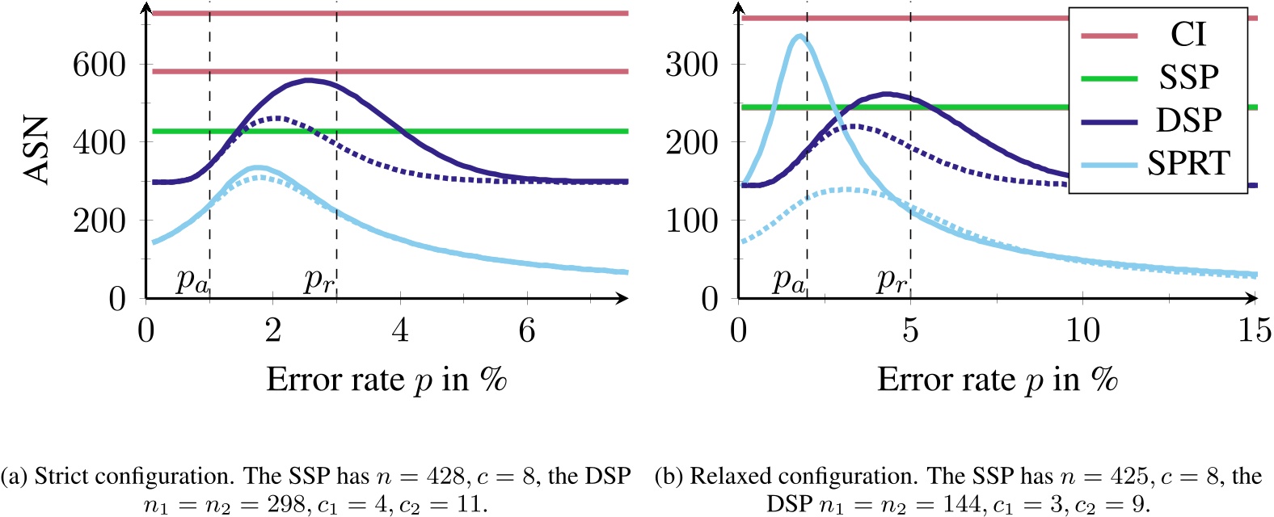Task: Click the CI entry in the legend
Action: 1188,35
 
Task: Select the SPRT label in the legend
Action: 1188,164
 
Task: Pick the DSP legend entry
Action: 1188,120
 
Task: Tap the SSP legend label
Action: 1188,78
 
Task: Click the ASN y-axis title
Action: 37,150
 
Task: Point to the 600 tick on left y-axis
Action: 99,65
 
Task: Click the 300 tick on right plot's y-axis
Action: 691,65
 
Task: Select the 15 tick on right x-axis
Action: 1254,330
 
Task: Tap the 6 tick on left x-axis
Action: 527,330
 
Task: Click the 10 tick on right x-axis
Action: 1082,330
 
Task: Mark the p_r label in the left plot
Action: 318,280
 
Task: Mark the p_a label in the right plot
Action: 788,280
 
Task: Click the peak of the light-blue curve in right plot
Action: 799,36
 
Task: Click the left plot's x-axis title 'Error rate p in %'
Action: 386,379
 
